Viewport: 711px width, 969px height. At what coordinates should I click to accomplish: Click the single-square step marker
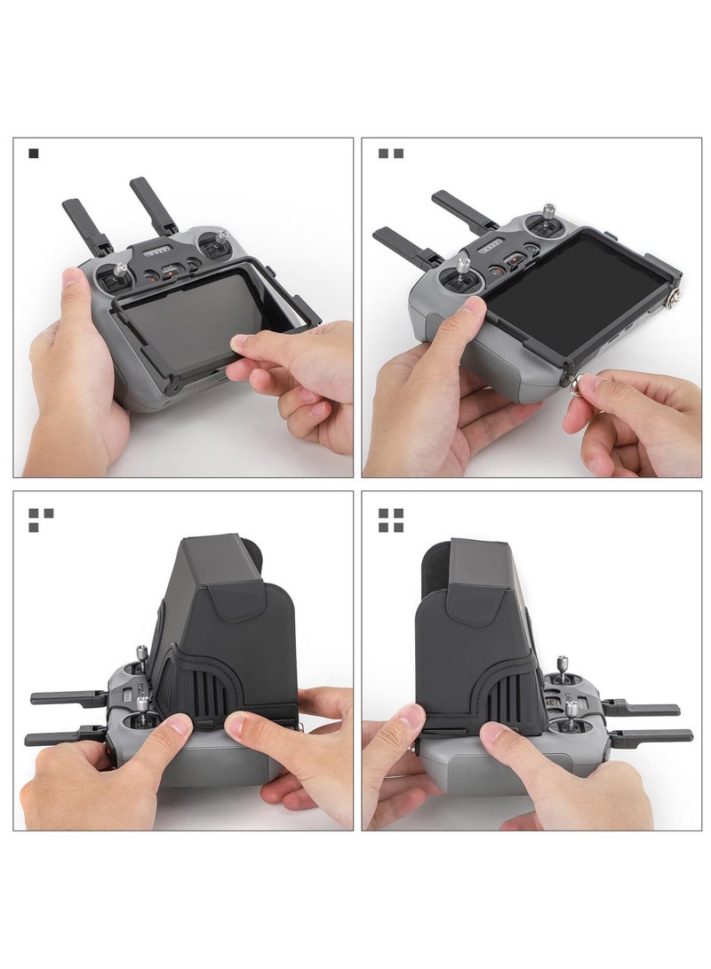34,154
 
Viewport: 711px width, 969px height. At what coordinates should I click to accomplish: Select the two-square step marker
390,154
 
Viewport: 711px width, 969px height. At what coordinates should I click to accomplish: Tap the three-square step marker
40,520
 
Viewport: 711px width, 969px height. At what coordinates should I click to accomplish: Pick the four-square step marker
390,520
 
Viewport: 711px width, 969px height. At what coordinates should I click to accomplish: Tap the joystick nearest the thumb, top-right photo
463,263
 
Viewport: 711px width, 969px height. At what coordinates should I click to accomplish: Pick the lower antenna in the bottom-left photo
62,737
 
